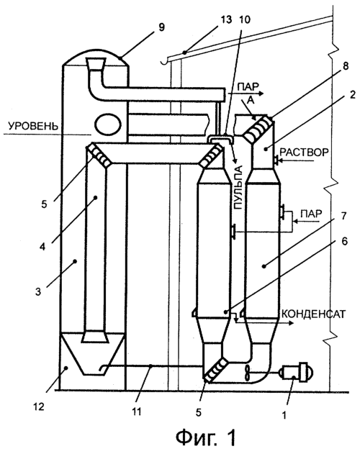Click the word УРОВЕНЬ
point(33,127)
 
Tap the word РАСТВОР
point(304,153)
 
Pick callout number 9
point(161,27)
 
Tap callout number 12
point(39,407)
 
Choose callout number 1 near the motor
point(284,415)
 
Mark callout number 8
point(345,66)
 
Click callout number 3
point(38,291)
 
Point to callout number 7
point(343,216)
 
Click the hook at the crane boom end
point(165,61)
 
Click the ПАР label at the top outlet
point(248,86)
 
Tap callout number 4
point(42,248)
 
